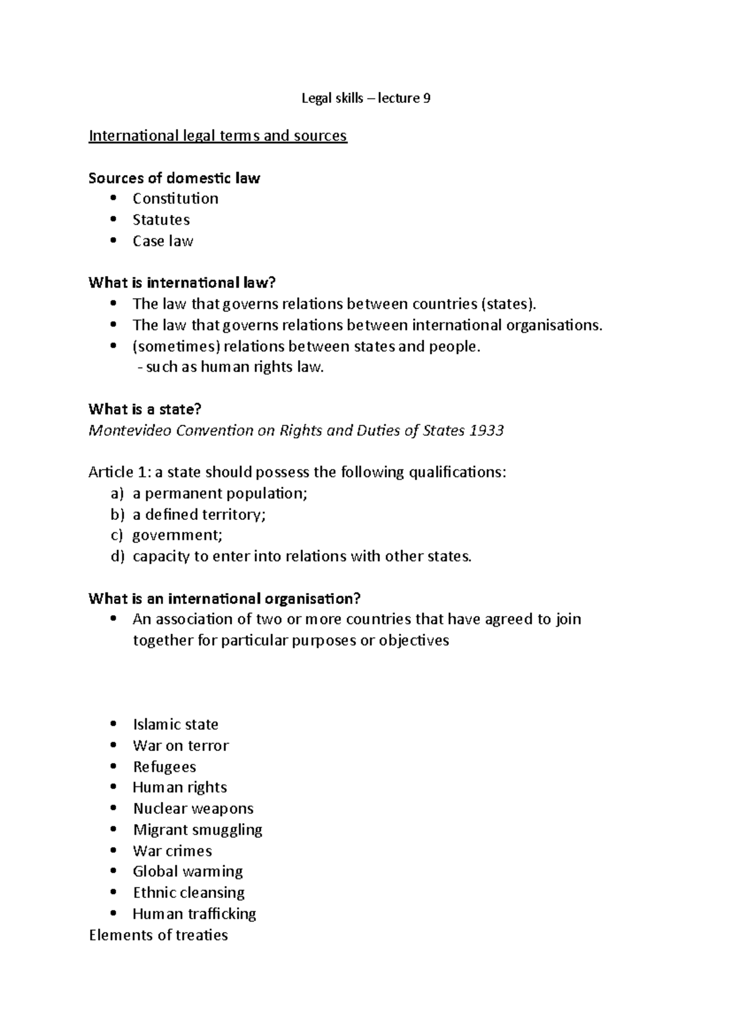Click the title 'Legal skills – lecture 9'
(366, 98)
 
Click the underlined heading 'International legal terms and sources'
(217, 135)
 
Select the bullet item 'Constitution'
(175, 199)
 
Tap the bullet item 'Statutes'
(161, 219)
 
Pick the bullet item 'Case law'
(163, 241)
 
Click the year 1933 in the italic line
(487, 430)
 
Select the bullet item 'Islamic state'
(175, 724)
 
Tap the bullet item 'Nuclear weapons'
(193, 808)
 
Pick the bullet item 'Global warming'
(188, 872)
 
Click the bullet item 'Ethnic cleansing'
(189, 893)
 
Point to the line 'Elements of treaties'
(158, 935)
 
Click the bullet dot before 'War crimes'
(113, 851)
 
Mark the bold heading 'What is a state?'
(144, 410)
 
